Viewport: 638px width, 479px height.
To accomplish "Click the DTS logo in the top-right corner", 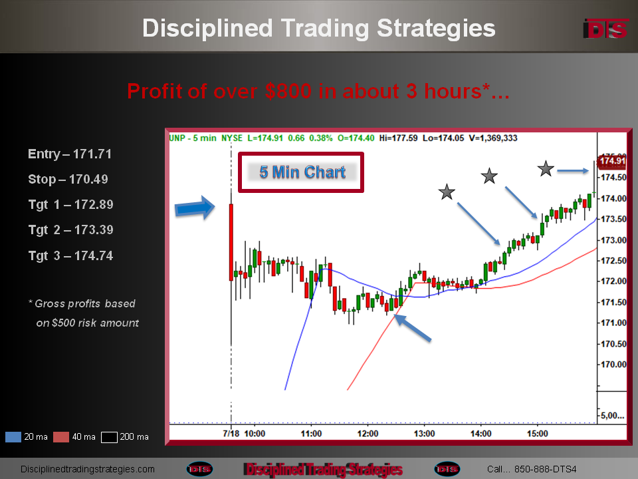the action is click(x=605, y=29).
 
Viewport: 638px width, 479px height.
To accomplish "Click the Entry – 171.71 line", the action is click(x=70, y=154).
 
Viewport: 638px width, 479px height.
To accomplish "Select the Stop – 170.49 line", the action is click(x=68, y=179).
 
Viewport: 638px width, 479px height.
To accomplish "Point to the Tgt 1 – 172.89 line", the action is click(x=71, y=204).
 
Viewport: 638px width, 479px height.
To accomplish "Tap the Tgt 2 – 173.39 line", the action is click(x=71, y=230).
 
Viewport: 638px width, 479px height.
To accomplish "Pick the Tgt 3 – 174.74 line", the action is click(x=71, y=255).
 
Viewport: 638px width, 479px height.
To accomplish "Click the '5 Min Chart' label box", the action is click(x=301, y=172).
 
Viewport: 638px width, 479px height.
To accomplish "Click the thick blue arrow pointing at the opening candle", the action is click(x=195, y=208).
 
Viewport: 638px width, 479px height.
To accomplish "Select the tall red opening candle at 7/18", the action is click(x=231, y=242).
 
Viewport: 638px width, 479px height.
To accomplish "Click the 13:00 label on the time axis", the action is click(x=425, y=434).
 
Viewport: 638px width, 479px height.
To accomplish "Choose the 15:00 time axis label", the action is click(x=538, y=434).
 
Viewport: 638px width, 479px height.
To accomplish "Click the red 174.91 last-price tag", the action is click(x=611, y=161).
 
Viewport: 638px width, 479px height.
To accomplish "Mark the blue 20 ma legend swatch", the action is click(x=13, y=437).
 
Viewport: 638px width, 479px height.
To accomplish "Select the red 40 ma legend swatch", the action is click(x=61, y=437).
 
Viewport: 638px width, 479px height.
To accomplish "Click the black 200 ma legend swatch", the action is click(x=109, y=437).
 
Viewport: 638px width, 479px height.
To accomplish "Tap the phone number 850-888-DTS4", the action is click(x=545, y=469).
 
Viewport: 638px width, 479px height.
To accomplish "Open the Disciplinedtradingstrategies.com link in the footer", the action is click(x=88, y=469).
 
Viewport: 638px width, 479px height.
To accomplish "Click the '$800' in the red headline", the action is click(x=288, y=91).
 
